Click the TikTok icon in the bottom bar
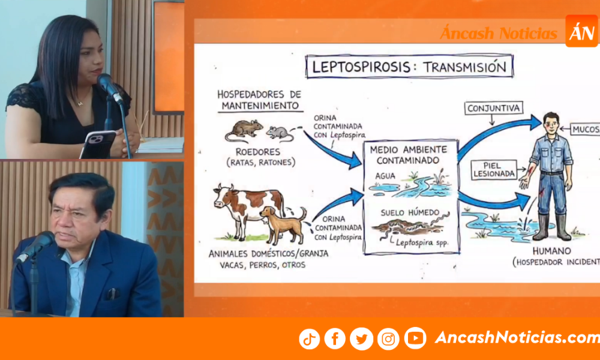310,339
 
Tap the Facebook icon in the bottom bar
335,339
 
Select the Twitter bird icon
361,339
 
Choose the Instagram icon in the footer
388,339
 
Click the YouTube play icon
415,338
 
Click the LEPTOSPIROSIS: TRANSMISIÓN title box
410,67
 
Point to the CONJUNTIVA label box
494,108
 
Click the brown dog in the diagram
281,222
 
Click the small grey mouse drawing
279,133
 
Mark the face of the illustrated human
550,122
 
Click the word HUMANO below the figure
551,251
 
